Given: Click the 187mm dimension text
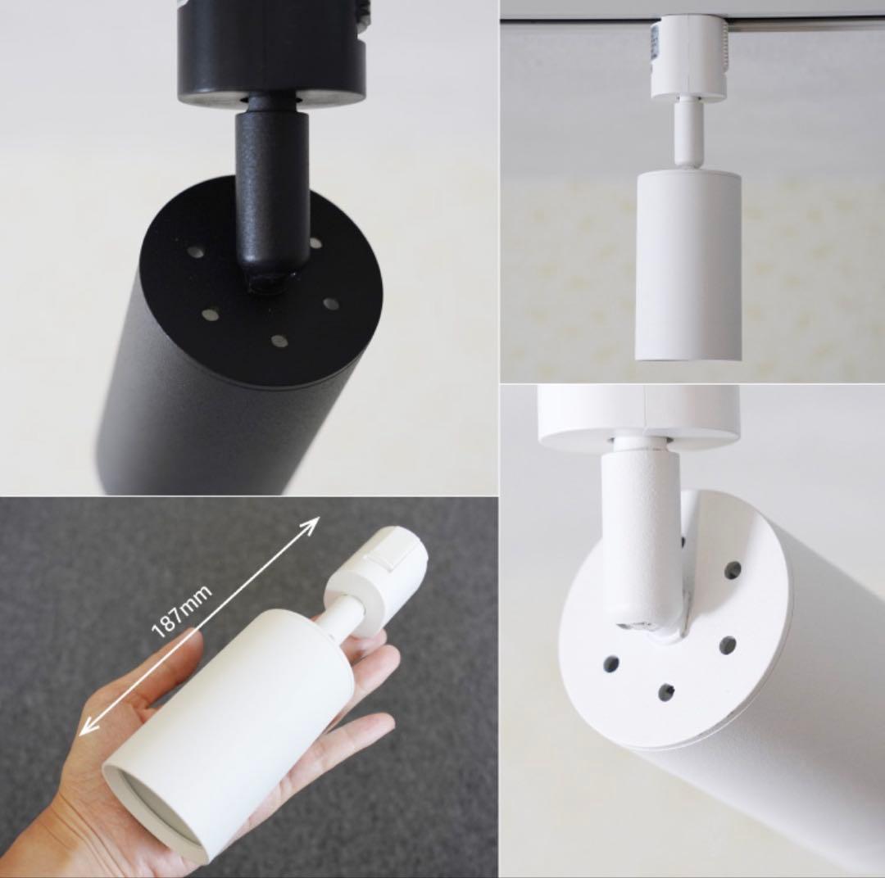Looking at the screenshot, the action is [183, 610].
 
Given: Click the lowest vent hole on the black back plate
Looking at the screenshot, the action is [279, 341].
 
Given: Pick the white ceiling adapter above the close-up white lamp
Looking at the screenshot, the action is [638, 414].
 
